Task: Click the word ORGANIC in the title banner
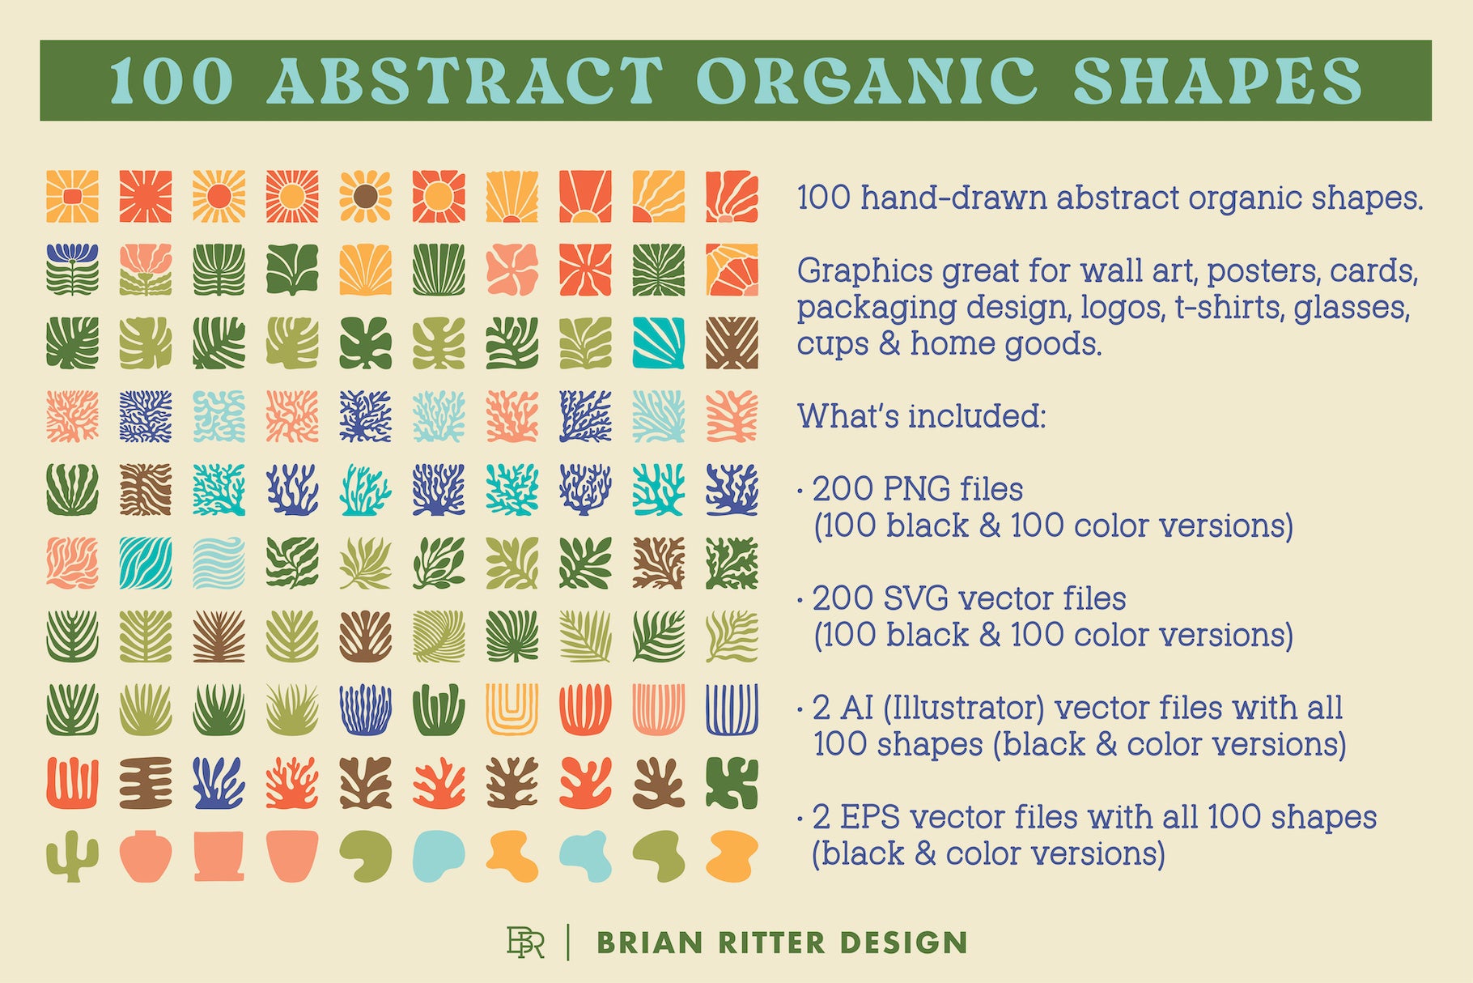pos(866,80)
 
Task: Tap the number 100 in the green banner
pos(172,81)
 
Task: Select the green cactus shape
pos(72,856)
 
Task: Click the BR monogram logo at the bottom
pos(525,942)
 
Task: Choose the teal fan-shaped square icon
pos(658,343)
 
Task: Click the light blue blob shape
pos(439,856)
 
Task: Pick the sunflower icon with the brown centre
pos(365,196)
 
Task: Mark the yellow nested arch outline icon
pos(512,709)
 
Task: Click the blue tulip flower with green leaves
pos(72,269)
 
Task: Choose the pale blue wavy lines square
pos(219,563)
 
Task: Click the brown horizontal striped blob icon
pos(146,783)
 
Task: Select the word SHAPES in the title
pos(1218,80)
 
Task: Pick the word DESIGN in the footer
pos(903,943)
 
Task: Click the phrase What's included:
pos(922,416)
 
